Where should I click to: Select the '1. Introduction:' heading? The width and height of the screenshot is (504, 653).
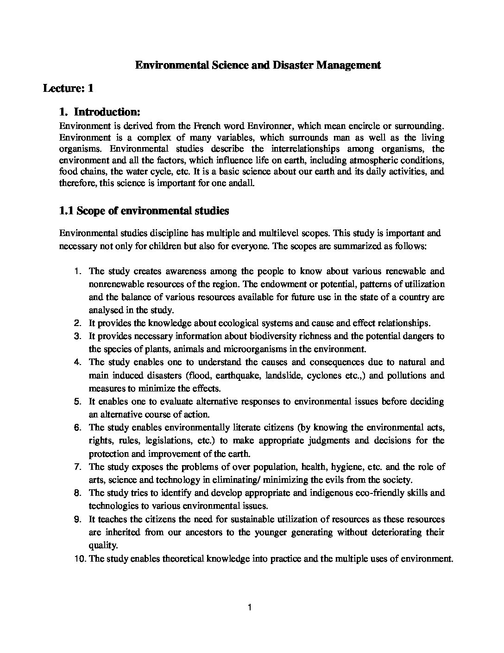(100, 112)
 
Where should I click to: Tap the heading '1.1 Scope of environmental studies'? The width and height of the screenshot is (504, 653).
(144, 211)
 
